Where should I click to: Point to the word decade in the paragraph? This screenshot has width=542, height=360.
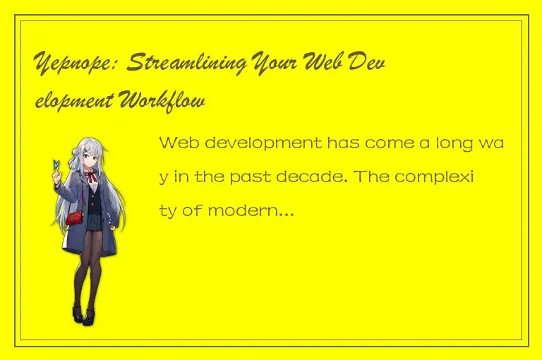[347, 176]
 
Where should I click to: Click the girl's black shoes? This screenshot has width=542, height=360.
[83, 314]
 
